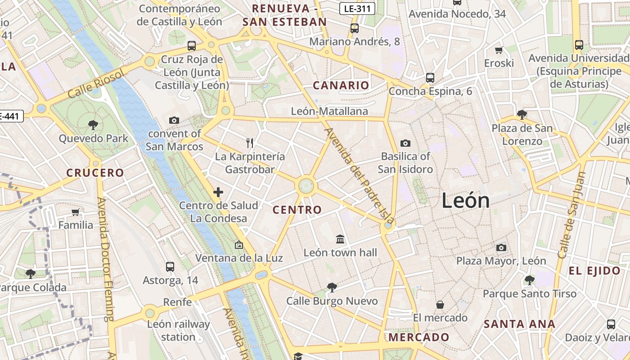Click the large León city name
(465, 200)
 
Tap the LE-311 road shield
(358, 8)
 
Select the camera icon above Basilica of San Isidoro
(405, 143)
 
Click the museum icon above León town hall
(340, 239)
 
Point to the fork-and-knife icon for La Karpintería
(250, 143)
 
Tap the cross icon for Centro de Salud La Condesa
(218, 192)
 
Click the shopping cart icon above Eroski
(499, 50)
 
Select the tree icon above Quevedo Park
(93, 125)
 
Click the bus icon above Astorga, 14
(170, 266)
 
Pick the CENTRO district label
(297, 210)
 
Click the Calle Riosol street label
(95, 84)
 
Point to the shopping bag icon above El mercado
(440, 305)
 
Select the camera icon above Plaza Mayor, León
(501, 247)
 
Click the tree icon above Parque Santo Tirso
(529, 280)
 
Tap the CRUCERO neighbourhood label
(95, 173)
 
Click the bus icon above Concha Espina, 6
(430, 77)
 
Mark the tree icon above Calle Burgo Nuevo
(332, 287)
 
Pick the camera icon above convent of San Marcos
(174, 120)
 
